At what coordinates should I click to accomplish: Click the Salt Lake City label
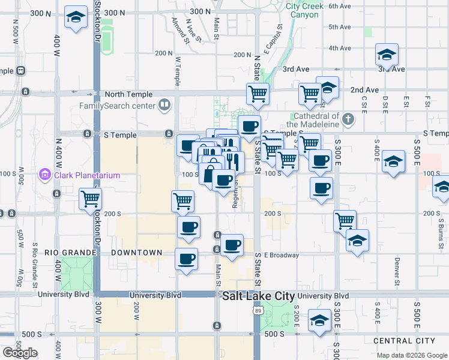coord(258,296)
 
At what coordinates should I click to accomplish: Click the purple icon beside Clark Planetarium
coord(44,175)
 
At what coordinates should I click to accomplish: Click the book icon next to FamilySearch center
coord(163,106)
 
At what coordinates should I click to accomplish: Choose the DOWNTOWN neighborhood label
coord(137,253)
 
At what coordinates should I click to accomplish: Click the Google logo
coord(20,353)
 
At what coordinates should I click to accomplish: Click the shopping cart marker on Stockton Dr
coord(90,199)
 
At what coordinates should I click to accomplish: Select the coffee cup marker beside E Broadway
coord(232,245)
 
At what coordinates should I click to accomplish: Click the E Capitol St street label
coord(277,38)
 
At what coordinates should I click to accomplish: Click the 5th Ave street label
coord(339,28)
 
